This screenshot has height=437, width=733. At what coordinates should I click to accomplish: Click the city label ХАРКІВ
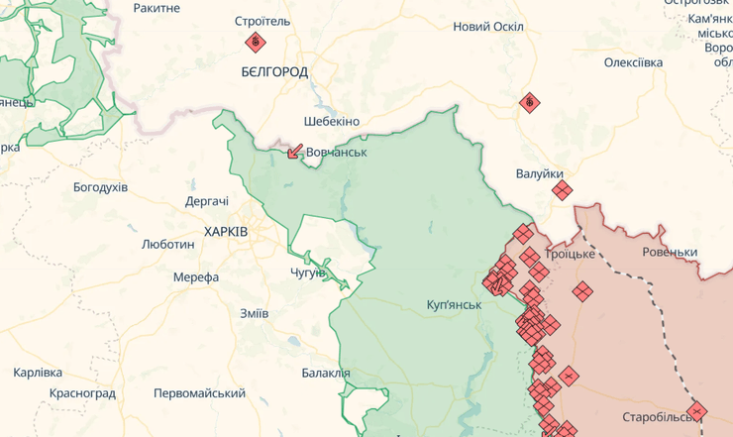coord(226,231)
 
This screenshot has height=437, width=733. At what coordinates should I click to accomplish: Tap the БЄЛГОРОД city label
coord(274,72)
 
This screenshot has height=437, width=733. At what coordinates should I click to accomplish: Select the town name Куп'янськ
coord(454,303)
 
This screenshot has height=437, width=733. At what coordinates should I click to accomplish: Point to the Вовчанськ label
coord(337,153)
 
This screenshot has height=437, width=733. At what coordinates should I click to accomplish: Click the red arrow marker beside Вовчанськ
coord(294,152)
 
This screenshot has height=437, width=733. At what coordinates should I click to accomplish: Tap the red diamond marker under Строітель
coord(256,42)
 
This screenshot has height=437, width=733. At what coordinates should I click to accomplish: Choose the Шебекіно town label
coord(332,121)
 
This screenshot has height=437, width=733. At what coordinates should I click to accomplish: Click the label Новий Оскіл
coord(488,27)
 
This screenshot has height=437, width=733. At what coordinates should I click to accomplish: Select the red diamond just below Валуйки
coord(562,189)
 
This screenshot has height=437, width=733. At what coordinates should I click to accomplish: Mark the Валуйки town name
coord(540,173)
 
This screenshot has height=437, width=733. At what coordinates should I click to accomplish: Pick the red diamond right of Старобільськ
coord(697,411)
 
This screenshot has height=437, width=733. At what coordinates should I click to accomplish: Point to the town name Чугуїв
coord(308,273)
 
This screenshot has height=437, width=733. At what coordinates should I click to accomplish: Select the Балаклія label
coord(326,373)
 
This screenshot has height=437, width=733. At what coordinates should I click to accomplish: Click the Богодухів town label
coord(100,186)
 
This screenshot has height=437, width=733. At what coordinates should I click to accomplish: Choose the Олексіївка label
coord(633,62)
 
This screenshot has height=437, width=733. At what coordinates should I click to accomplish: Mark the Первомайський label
coord(199,393)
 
